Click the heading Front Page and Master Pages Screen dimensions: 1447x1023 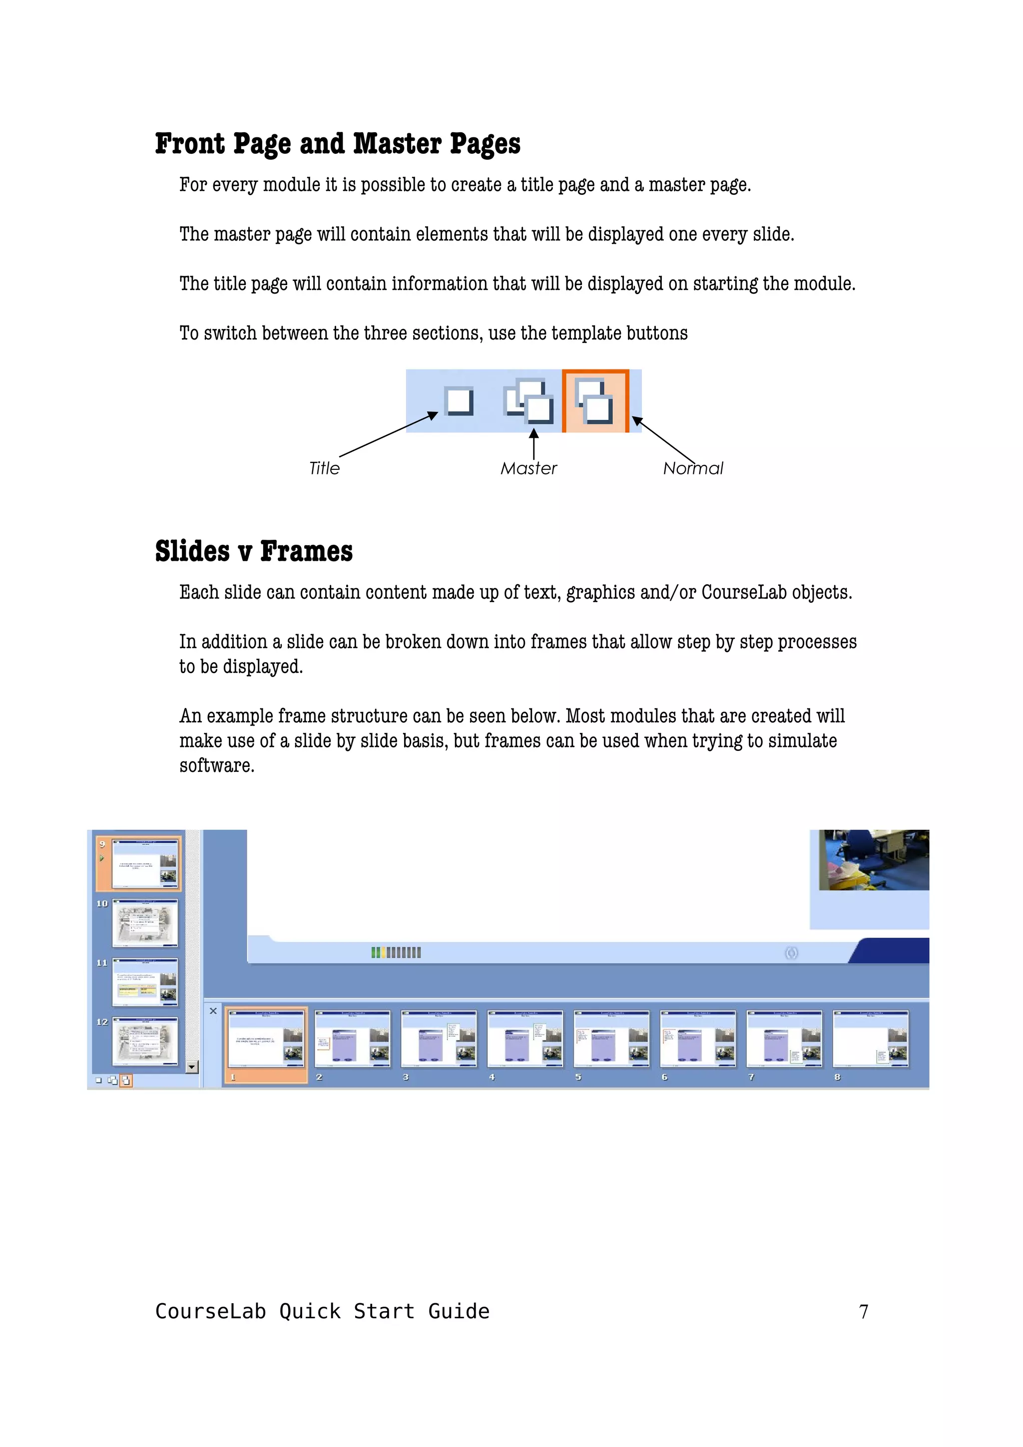337,144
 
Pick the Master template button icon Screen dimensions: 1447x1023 528,401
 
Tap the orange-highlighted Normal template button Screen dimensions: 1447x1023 595,401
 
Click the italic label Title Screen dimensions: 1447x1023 324,468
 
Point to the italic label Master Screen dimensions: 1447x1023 528,468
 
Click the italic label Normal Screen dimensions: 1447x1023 692,468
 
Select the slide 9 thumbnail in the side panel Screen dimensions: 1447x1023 144,863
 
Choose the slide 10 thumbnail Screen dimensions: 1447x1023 144,923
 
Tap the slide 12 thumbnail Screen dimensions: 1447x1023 144,1041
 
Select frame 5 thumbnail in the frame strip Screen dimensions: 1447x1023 611,1039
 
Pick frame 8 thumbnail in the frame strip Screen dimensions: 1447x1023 871,1039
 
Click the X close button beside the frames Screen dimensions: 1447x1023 213,1011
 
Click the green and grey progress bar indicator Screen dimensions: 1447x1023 396,952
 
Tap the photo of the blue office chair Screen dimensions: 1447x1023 873,860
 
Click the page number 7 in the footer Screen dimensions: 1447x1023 864,1312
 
